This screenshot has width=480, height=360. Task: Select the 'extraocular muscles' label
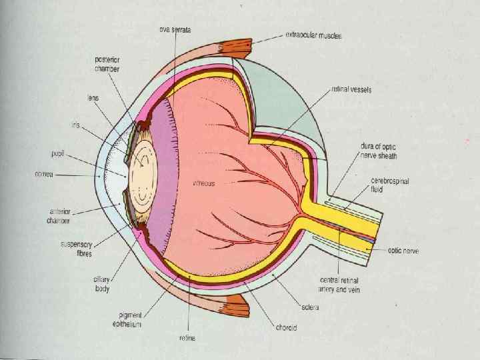[x=314, y=35]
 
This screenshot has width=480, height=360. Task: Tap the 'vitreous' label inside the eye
[x=204, y=183]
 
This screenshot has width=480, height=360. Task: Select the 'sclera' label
[x=310, y=307]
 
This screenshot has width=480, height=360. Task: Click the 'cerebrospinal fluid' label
[x=389, y=186]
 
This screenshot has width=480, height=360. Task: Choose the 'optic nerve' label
[x=403, y=251]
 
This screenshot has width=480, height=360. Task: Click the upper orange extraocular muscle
[x=234, y=49]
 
